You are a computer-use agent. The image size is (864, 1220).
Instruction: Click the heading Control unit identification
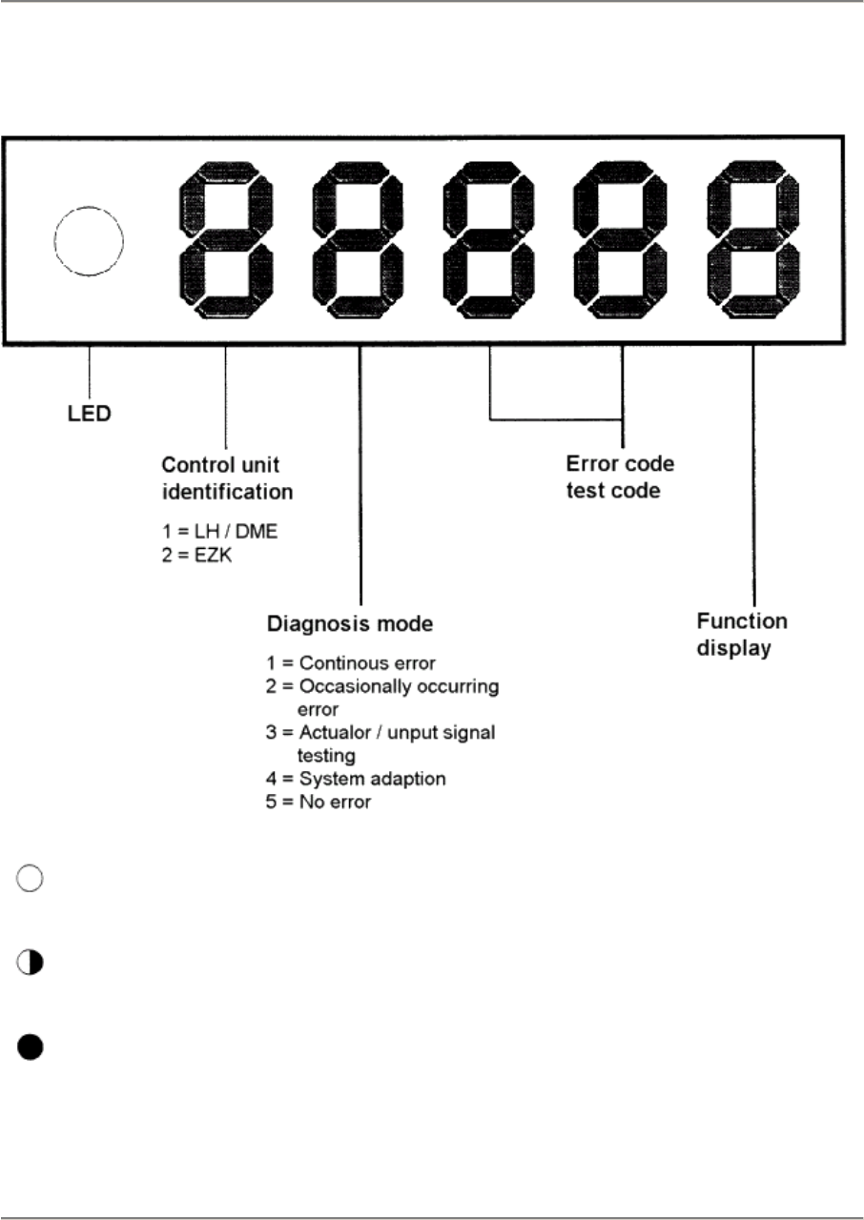click(x=226, y=479)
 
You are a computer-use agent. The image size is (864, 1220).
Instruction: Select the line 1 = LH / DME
click(x=219, y=531)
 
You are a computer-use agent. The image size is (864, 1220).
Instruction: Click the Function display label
click(x=741, y=633)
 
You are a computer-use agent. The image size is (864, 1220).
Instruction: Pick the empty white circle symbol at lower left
click(x=30, y=881)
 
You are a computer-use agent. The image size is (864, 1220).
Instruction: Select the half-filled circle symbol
click(x=30, y=962)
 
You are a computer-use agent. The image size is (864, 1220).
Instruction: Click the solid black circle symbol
click(x=30, y=1047)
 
